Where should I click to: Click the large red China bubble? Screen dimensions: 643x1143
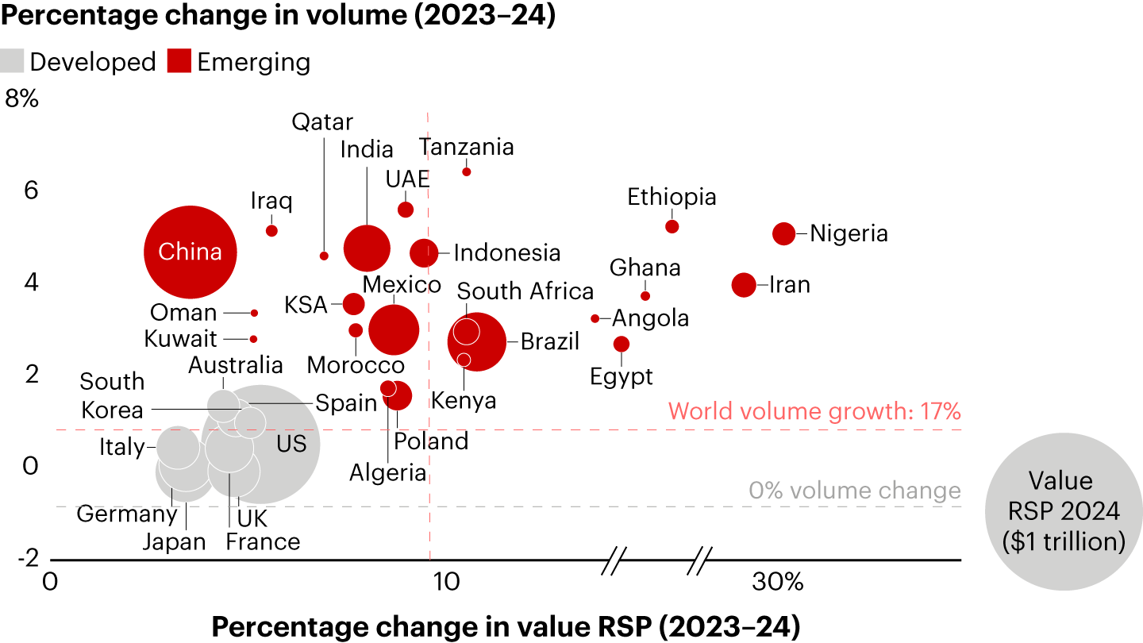[190, 252]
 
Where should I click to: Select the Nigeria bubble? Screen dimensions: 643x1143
[783, 233]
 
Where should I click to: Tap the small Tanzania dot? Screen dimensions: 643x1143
[467, 171]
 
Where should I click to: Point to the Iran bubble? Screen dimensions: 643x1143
[744, 284]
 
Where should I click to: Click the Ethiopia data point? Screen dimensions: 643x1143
[672, 226]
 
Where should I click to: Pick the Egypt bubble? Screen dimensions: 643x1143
[622, 344]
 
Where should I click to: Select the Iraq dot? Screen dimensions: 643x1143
[271, 230]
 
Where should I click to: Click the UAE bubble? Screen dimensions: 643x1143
[406, 210]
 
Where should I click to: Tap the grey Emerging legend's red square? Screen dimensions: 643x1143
[179, 62]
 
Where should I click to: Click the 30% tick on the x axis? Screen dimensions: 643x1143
[779, 583]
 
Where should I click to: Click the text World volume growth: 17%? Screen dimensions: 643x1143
[814, 411]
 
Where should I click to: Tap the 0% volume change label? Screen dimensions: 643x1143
[854, 491]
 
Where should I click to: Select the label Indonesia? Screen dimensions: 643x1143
[507, 253]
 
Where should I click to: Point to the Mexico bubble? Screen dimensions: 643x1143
[394, 329]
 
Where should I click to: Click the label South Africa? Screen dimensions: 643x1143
[525, 291]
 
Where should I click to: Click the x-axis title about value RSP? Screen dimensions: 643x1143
[506, 626]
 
